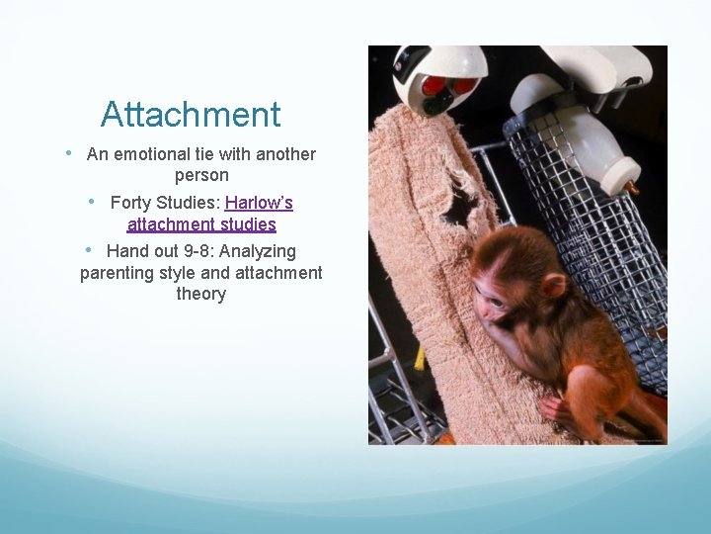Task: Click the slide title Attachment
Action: (191, 115)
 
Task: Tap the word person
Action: (201, 175)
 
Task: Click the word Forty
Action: (131, 203)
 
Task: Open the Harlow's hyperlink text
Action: (259, 203)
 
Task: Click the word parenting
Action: (118, 273)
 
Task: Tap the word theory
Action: (201, 294)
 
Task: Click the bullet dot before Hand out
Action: (90, 250)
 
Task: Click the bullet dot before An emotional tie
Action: (68, 153)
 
